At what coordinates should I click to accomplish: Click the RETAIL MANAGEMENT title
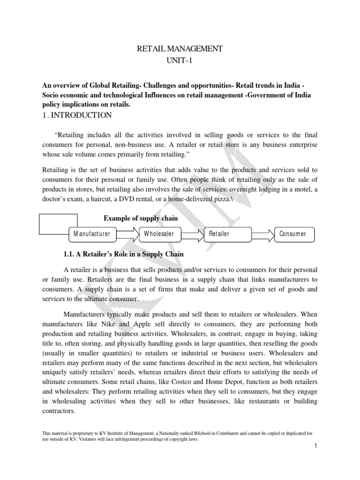coord(180,48)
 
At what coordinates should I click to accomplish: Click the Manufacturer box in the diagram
coord(92,233)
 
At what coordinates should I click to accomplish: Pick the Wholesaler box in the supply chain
coord(159,233)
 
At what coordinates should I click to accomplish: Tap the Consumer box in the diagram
coord(293,233)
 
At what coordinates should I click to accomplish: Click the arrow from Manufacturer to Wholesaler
coord(127,233)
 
